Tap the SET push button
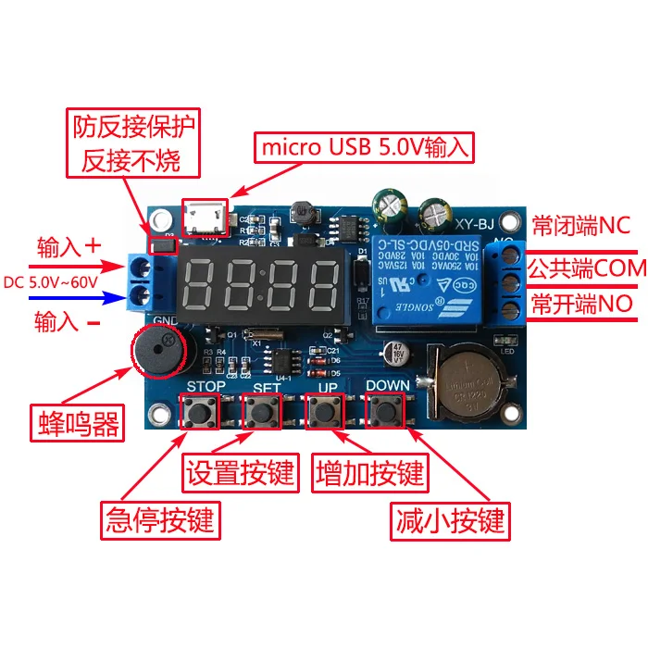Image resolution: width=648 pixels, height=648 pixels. pyautogui.click(x=260, y=411)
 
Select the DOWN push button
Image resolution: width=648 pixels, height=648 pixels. pyautogui.click(x=385, y=411)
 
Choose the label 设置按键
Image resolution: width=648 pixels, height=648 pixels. pyautogui.click(x=240, y=473)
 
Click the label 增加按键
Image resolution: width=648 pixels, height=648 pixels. pyautogui.click(x=370, y=473)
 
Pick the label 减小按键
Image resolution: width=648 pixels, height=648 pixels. pyautogui.click(x=450, y=519)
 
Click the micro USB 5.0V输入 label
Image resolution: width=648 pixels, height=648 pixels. pyautogui.click(x=367, y=146)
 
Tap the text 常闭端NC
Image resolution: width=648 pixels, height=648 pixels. pyautogui.click(x=580, y=226)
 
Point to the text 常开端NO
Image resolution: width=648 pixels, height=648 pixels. pyautogui.click(x=581, y=304)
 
